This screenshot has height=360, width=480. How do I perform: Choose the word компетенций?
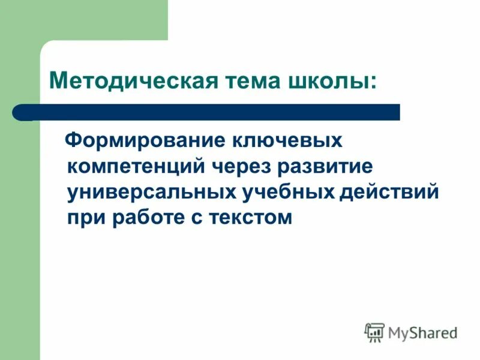pyautogui.click(x=134, y=166)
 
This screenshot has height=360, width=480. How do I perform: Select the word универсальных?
pyautogui.click(x=150, y=191)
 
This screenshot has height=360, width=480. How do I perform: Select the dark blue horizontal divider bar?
pyautogui.click(x=210, y=112)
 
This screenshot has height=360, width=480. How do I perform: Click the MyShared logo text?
pyautogui.click(x=422, y=331)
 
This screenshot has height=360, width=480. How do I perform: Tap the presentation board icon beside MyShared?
pyautogui.click(x=375, y=332)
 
